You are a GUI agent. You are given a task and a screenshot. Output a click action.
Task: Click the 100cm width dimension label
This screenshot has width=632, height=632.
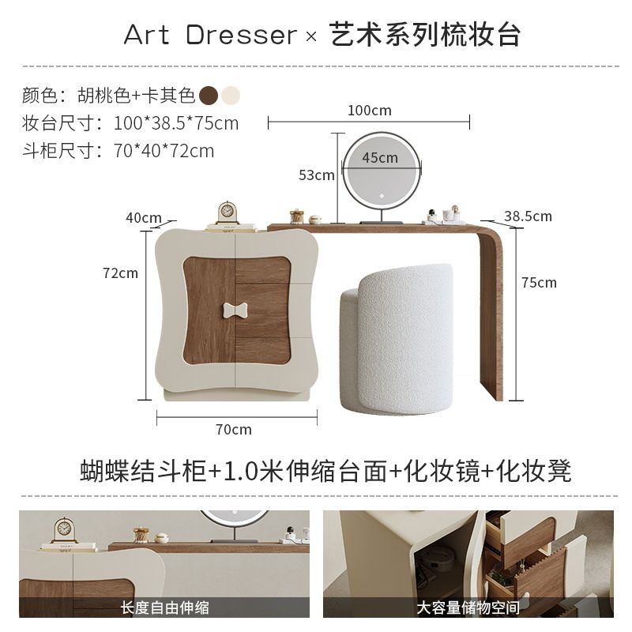[x=369, y=111]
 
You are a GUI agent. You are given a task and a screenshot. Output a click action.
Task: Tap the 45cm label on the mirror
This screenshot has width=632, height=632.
[x=380, y=157]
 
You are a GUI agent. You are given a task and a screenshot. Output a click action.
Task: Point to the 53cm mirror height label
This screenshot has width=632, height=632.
[x=317, y=175]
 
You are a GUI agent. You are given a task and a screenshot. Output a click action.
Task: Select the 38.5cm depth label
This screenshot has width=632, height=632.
[x=528, y=216]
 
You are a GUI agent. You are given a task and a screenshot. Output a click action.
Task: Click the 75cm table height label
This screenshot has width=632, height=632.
[x=539, y=283]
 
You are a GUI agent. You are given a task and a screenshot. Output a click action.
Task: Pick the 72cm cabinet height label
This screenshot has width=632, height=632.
[x=120, y=273]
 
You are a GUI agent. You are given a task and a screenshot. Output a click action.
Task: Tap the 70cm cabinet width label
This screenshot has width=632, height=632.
[x=233, y=430]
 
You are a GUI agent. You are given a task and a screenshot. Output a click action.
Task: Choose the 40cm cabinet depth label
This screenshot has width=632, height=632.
[x=144, y=218]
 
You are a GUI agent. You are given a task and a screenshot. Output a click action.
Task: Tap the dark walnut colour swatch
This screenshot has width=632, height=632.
[x=209, y=96]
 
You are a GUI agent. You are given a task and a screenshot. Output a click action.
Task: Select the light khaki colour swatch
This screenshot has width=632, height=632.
[x=231, y=96]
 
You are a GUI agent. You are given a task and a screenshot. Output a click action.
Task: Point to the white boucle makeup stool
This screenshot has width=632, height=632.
[x=397, y=340]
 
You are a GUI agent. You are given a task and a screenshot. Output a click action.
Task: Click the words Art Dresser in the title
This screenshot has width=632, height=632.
[x=210, y=35]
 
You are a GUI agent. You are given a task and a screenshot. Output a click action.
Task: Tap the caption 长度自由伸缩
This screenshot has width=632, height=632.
[x=164, y=608]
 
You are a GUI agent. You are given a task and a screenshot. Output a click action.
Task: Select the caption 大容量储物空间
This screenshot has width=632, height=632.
[x=468, y=608]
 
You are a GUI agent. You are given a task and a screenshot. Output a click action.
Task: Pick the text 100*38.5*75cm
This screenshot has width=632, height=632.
[x=176, y=123]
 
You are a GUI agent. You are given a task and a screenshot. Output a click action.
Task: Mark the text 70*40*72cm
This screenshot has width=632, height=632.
[x=164, y=151]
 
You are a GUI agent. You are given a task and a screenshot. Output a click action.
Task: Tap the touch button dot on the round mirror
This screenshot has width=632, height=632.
[x=380, y=197]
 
